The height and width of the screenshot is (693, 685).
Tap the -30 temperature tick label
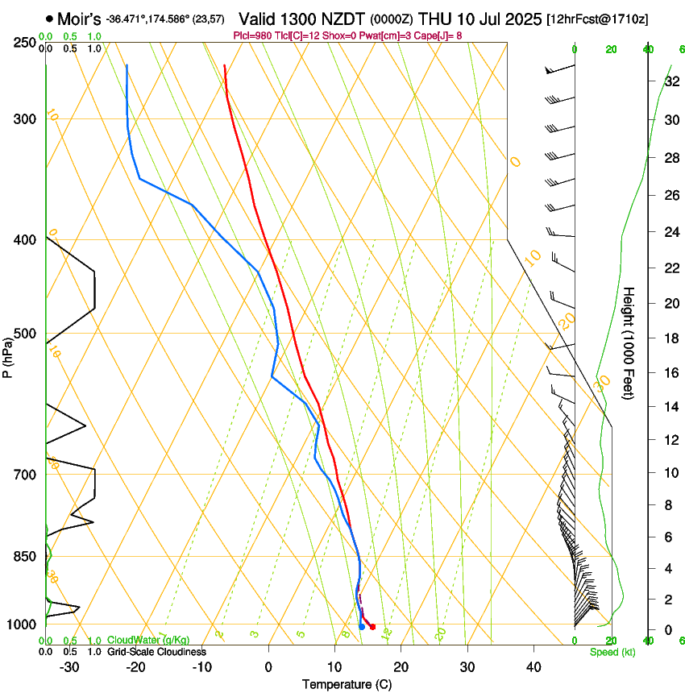coord(69,667)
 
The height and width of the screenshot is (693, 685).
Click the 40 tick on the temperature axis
coord(533,667)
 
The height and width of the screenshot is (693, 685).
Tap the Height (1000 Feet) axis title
coord(629,343)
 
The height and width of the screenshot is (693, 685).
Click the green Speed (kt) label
coord(612,652)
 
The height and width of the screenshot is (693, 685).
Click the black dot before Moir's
coord(50,18)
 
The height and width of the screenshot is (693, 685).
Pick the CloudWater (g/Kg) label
coord(148,641)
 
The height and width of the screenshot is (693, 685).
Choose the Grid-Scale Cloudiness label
coord(156,651)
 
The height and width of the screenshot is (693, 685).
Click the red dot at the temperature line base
coord(372,627)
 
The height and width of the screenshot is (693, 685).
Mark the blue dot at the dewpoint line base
coord(362,627)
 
